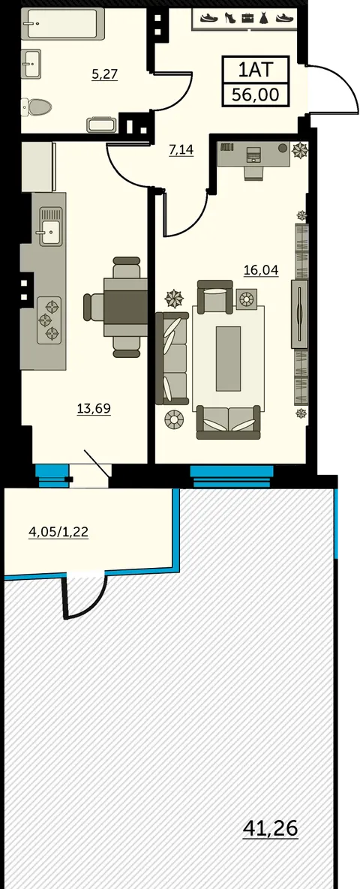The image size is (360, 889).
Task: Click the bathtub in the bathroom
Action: [64, 24]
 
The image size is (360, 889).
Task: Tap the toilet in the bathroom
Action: [36, 106]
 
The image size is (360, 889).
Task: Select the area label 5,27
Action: [104, 74]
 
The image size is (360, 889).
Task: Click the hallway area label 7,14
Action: [181, 150]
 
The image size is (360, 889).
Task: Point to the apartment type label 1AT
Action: [256, 71]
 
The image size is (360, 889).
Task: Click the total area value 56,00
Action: [256, 95]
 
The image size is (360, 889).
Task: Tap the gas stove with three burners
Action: [49, 320]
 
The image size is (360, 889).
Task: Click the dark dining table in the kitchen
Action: [126, 308]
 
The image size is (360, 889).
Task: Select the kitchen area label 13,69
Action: [94, 408]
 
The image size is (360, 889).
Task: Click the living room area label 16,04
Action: [261, 270]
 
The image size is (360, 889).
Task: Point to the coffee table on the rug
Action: [229, 359]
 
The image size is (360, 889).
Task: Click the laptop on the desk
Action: [253, 154]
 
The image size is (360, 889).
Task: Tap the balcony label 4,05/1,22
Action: [58, 532]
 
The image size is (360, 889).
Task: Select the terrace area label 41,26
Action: [270, 828]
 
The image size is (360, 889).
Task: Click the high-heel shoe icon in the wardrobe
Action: [230, 18]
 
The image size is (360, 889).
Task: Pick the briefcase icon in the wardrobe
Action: [247, 18]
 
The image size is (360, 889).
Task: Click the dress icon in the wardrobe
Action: [263, 18]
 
